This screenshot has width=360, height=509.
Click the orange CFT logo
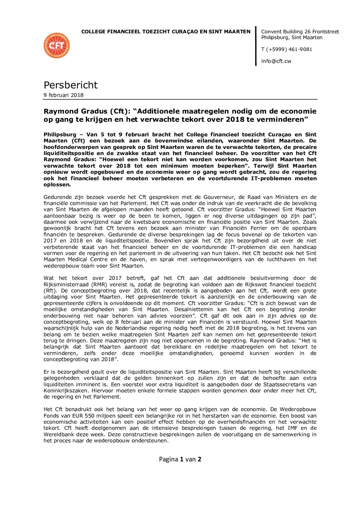56,46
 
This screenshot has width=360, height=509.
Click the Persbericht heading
70,85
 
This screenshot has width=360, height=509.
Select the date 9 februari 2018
63,95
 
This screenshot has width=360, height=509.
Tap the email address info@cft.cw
276,61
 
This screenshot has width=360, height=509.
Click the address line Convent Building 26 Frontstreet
300,32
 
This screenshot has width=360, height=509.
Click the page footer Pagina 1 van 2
180,459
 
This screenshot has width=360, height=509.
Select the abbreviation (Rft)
50,291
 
